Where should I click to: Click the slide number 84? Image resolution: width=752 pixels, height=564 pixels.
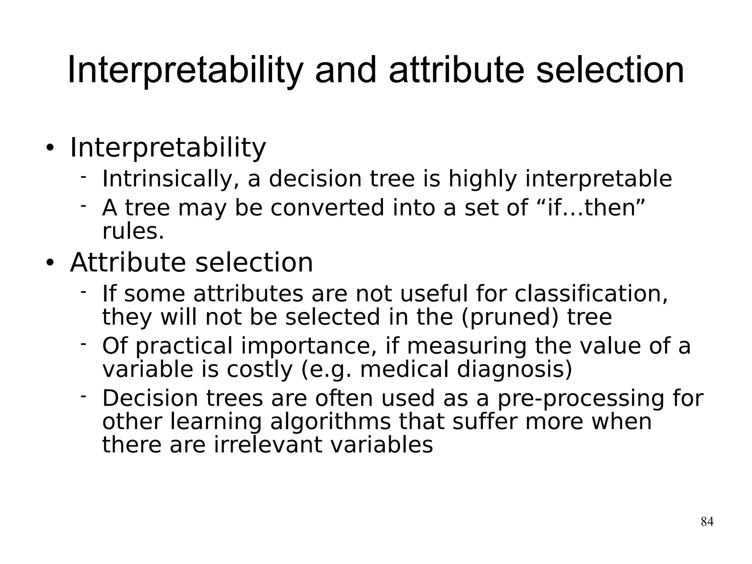(707, 521)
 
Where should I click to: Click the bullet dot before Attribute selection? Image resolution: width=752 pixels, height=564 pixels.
(50, 263)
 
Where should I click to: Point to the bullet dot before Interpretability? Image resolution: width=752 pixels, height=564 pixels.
(50, 148)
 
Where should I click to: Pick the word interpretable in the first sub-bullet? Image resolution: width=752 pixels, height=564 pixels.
(598, 179)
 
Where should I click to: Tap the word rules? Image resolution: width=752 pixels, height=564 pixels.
(133, 232)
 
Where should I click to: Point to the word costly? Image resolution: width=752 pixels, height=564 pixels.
(259, 370)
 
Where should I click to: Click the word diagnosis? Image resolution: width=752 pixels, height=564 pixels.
(514, 370)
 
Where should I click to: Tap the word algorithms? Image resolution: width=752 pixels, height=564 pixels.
(330, 422)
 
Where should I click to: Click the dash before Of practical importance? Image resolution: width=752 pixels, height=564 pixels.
(84, 344)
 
